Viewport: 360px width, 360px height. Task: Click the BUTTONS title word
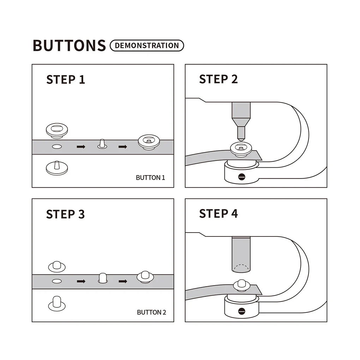(69, 45)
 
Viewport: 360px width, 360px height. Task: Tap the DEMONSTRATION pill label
(147, 46)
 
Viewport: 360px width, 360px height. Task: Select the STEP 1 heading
(66, 79)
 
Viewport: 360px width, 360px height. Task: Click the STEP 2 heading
(218, 79)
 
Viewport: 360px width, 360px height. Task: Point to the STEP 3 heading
(65, 214)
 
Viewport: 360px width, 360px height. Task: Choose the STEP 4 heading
(218, 214)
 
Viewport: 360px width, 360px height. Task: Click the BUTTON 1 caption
(150, 178)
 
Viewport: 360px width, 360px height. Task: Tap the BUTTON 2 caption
(151, 312)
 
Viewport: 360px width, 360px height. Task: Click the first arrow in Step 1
(81, 147)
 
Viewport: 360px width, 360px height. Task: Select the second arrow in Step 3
(123, 281)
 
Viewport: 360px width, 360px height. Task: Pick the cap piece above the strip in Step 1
(57, 131)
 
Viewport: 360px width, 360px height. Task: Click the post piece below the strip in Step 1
(57, 168)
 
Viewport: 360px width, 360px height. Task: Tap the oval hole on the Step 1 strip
(57, 146)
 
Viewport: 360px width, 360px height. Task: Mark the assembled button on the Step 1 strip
(149, 142)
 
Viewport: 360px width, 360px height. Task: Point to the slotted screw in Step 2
(242, 177)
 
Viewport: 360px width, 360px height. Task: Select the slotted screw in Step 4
(242, 311)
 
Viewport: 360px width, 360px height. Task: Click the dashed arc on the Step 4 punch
(241, 265)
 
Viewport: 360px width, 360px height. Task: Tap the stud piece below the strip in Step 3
(57, 304)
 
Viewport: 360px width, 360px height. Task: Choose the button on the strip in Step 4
(241, 286)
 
